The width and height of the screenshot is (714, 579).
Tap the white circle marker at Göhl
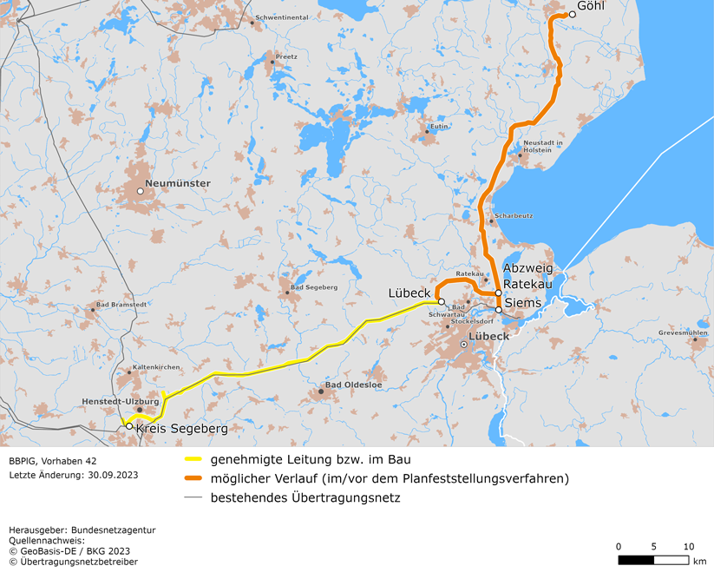572,15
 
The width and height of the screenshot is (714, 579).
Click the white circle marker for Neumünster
140,191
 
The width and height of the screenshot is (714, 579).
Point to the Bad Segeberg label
314,286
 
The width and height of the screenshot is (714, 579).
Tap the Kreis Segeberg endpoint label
181,429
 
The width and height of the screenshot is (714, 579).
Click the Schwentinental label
283,17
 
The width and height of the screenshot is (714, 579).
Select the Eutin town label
439,127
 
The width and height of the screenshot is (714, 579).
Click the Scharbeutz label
514,215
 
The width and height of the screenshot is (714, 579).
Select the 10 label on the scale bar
688,547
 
